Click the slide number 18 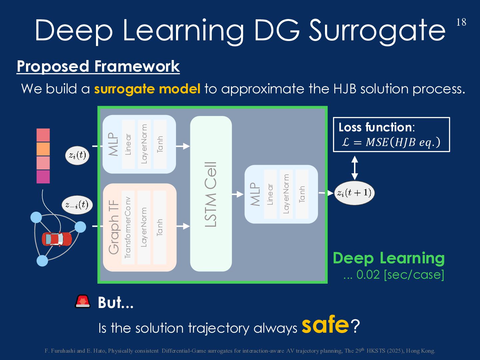[x=461, y=22]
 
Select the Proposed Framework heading [x=98, y=66]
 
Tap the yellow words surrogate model [x=147, y=89]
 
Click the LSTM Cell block [x=211, y=194]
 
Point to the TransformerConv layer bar [x=128, y=227]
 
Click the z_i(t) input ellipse [x=77, y=155]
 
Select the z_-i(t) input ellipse [x=77, y=205]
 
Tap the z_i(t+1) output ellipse [x=354, y=193]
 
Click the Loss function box [x=391, y=135]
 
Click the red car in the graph [x=57, y=239]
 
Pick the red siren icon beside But [x=83, y=301]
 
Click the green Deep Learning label [x=389, y=258]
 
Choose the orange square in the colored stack [x=43, y=149]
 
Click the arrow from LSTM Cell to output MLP [x=238, y=194]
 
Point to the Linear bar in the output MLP [x=270, y=194]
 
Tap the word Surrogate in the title [x=377, y=31]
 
